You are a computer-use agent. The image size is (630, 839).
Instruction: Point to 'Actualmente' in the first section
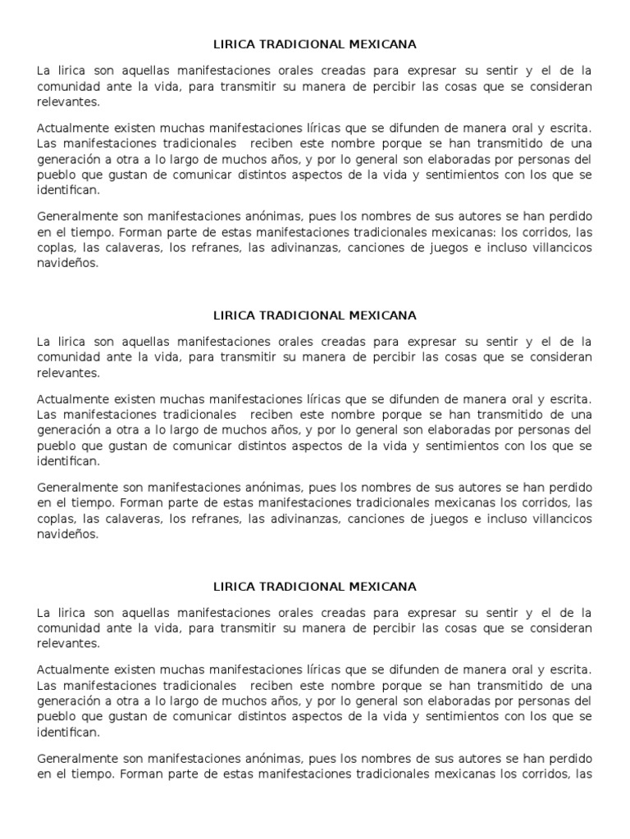pos(71,129)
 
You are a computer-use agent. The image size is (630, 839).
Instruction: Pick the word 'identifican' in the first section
pos(69,190)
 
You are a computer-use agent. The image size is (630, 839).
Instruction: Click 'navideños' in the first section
pos(67,264)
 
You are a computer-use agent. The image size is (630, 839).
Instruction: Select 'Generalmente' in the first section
pos(75,216)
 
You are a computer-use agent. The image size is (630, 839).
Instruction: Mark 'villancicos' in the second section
pos(559,519)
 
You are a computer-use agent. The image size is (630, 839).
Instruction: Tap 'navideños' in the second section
pos(67,534)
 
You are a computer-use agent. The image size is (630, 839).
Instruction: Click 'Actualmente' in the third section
pos(71,670)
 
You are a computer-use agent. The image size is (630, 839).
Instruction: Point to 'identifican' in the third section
pos(69,732)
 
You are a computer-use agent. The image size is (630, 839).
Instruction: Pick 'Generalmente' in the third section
pos(75,759)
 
